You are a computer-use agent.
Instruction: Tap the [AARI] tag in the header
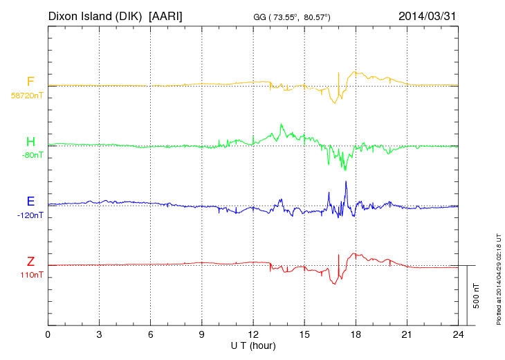pyautogui.click(x=166, y=15)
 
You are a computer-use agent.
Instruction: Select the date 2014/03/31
pyautogui.click(x=428, y=15)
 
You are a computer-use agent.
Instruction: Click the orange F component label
pyautogui.click(x=30, y=82)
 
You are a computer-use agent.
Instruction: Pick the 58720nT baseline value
pyautogui.click(x=27, y=96)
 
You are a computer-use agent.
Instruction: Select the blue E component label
pyautogui.click(x=30, y=201)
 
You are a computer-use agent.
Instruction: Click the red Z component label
pyautogui.click(x=30, y=262)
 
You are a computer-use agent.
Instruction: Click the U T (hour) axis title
pyautogui.click(x=253, y=345)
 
